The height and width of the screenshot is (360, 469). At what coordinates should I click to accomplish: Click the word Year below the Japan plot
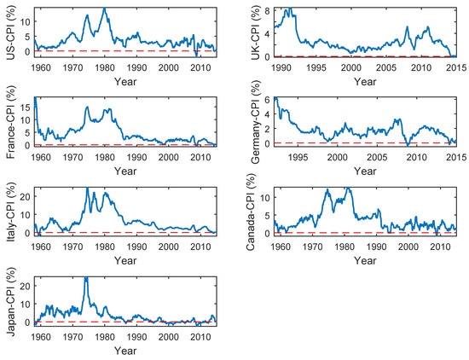coord(125,350)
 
